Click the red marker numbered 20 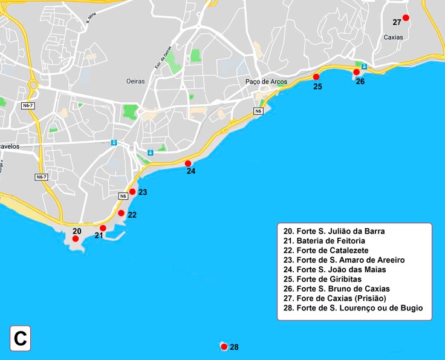point(75,239)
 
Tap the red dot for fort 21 point(103,228)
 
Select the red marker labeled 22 point(121,214)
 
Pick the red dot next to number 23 point(132,192)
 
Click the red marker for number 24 point(188,163)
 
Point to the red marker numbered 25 point(316,77)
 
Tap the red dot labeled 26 point(356,72)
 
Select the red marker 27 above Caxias point(406,18)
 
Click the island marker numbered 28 point(224,347)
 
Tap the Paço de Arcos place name point(266,82)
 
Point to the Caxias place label point(394,38)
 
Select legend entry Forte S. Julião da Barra point(334,231)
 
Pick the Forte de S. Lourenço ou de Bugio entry point(352,308)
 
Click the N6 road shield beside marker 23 point(123,195)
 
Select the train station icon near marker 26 point(365,65)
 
